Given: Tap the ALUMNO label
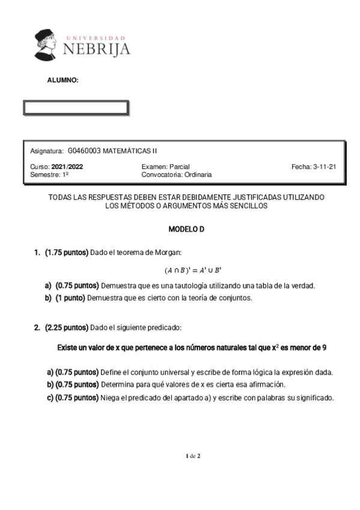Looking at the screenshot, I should (x=63, y=79).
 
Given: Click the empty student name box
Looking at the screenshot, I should (x=75, y=108).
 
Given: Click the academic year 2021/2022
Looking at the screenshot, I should (x=68, y=167).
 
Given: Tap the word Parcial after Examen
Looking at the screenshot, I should (x=180, y=167).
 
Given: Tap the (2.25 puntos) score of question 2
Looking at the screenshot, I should (x=66, y=328).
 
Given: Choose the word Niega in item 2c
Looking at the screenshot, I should (x=112, y=398).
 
